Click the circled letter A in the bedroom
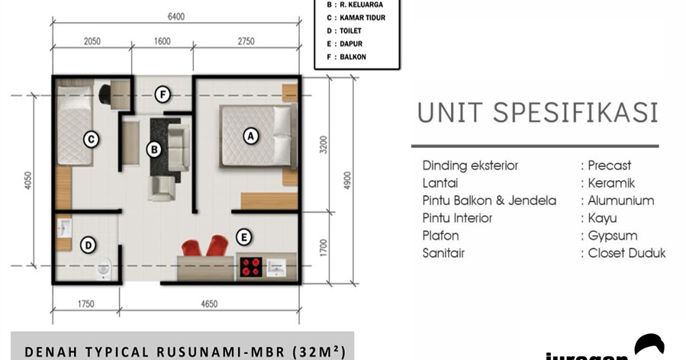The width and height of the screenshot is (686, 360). point(249,136)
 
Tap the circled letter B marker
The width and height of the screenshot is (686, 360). point(154,150)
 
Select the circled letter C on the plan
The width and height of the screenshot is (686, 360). point(91,139)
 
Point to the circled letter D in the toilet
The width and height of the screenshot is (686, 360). point(89,245)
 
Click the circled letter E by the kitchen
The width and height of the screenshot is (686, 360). point(244,236)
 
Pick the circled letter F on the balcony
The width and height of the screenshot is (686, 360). point(162,95)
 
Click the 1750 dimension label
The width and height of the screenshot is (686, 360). point(85,304)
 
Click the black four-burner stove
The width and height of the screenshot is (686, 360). point(251,266)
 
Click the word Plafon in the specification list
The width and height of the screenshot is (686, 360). point(440,236)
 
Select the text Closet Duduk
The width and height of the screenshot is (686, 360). point(626,253)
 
